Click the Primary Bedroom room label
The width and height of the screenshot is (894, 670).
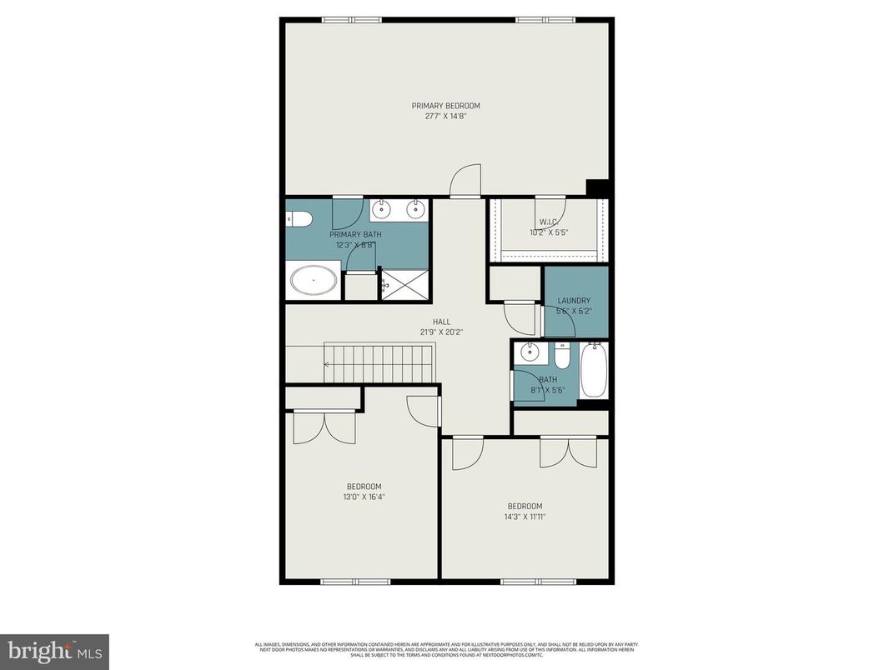[x=446, y=106]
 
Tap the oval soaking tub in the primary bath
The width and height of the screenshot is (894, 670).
[x=314, y=281]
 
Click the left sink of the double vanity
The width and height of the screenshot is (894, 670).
[x=380, y=209]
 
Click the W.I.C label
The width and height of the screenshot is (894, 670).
[x=547, y=222]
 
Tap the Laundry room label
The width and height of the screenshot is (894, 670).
[x=574, y=301]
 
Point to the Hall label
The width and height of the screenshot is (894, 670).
[x=441, y=322]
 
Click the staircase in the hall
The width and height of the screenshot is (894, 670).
[x=379, y=364]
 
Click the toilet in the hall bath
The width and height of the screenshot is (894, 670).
[x=563, y=357]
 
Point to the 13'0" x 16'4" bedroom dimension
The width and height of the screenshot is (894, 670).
[x=364, y=497]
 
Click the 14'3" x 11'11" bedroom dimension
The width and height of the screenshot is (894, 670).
[x=525, y=517]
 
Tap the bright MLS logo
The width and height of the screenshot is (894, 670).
[x=54, y=651]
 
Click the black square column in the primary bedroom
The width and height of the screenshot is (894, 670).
[x=597, y=188]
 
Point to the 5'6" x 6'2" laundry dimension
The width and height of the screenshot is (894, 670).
[x=574, y=312]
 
